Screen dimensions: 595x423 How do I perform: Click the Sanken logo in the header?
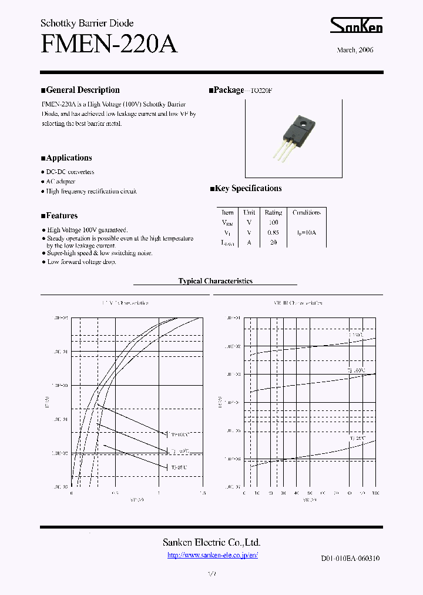point(356,26)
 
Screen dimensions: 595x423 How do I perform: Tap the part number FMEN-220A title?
point(109,44)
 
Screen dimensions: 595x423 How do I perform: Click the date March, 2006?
point(355,50)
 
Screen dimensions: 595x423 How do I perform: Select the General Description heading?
point(82,90)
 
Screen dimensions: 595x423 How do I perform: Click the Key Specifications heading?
point(248,189)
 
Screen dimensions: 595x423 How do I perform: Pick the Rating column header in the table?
point(273,212)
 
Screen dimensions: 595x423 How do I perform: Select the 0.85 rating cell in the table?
point(273,232)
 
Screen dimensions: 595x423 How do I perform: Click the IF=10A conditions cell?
point(306,232)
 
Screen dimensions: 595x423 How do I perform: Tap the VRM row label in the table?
point(227,222)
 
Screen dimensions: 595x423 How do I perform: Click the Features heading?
point(62,216)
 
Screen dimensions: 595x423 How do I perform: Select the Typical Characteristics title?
point(216,281)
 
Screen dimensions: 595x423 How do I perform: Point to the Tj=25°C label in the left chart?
point(179,467)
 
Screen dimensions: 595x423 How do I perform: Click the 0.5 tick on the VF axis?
point(115,493)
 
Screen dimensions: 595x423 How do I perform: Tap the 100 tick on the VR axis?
point(375,493)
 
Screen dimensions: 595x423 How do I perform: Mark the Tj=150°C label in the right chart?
point(356,335)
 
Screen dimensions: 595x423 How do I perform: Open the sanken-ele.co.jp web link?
point(213,555)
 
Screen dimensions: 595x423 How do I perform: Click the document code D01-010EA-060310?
point(350,558)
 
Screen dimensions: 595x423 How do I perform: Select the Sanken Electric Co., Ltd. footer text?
point(211,543)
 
